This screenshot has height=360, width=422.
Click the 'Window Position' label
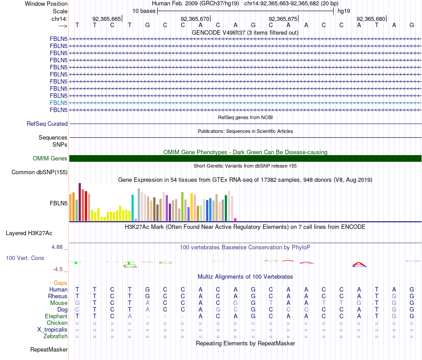(x=46, y=4)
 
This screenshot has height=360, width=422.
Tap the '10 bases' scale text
(x=144, y=11)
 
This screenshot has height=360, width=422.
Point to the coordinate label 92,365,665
(x=107, y=19)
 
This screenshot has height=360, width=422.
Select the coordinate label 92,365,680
(x=371, y=19)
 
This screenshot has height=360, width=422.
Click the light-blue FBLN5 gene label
(x=59, y=103)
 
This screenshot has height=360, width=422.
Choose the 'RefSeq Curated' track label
(x=47, y=124)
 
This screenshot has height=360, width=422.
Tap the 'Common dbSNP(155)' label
(x=40, y=172)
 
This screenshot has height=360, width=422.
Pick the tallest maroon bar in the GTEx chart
(x=80, y=202)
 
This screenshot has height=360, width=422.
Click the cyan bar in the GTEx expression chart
(x=133, y=208)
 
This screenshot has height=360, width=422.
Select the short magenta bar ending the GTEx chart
(x=235, y=220)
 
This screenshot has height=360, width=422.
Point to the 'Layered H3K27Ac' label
(x=29, y=233)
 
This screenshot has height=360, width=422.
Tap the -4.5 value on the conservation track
(x=60, y=269)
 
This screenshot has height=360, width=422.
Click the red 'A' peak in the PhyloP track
(x=359, y=264)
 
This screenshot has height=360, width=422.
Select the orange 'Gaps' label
(x=60, y=283)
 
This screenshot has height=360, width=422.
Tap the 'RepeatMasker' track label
(x=48, y=350)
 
